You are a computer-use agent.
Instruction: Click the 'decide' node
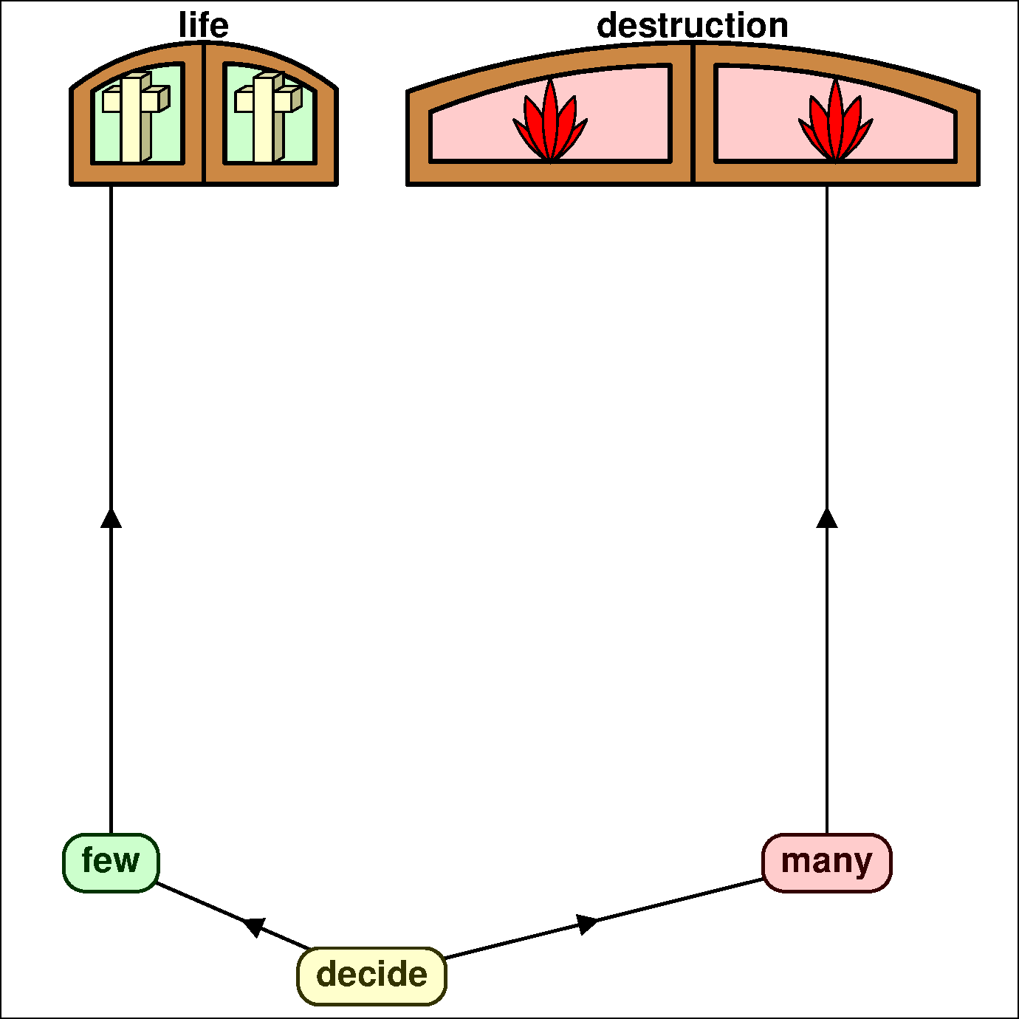[371, 975]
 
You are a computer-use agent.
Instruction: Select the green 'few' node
[111, 862]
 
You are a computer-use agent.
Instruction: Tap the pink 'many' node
[826, 862]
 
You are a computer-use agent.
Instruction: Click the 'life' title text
[204, 26]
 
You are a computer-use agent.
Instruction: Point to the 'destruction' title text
[692, 26]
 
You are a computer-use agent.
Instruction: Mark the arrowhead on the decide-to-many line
[587, 923]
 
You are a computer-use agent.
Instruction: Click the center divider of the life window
[204, 114]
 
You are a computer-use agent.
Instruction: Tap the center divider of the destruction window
[692, 114]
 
